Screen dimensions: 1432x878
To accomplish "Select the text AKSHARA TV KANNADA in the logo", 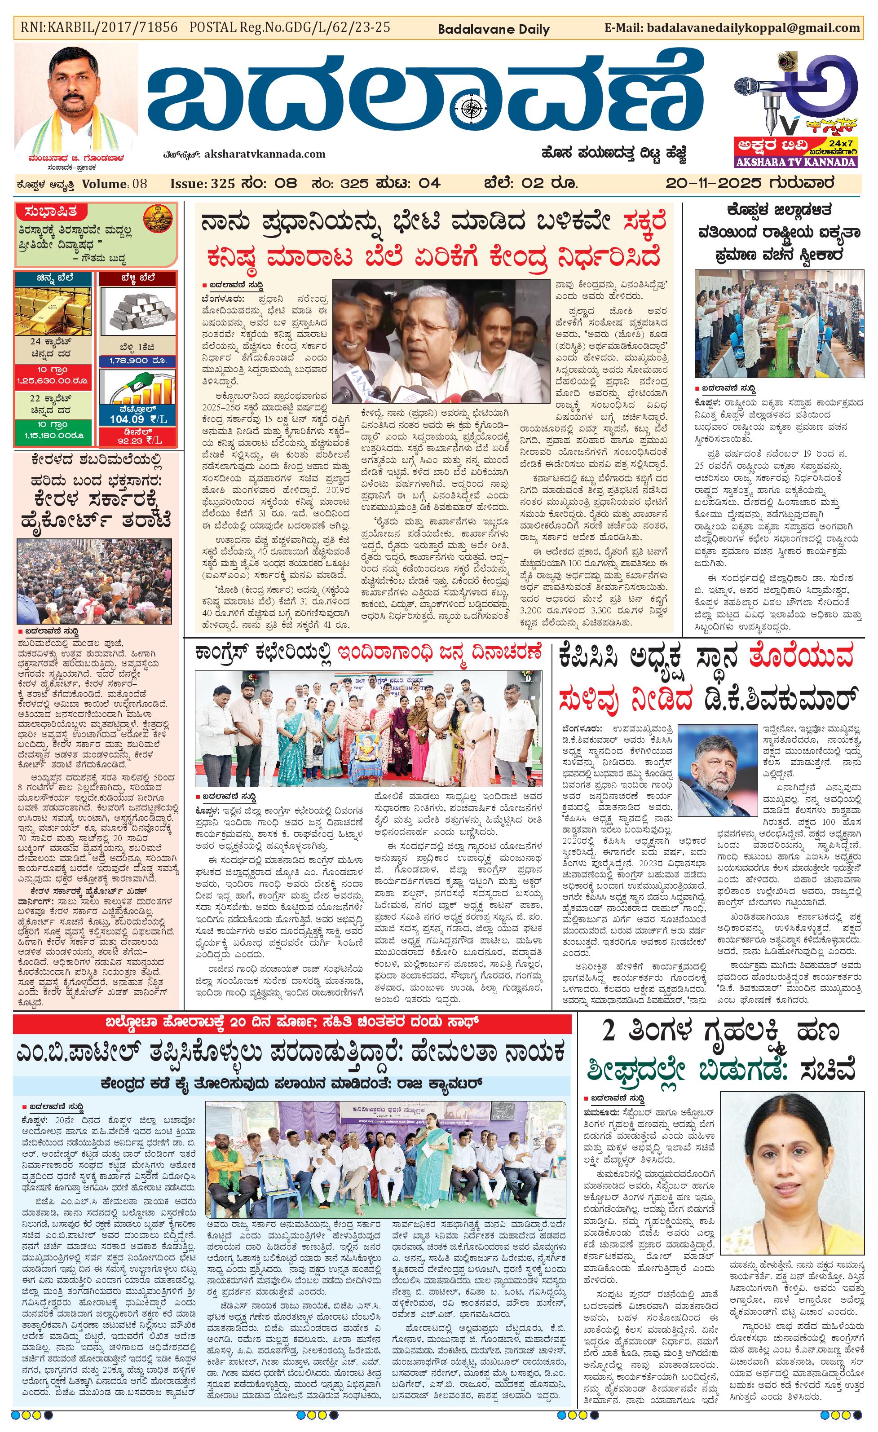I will click(795, 162).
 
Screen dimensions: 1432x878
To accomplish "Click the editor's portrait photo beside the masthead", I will click(76, 99).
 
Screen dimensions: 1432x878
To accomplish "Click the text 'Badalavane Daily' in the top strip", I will click(493, 29).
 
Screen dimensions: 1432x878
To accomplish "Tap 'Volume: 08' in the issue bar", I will click(115, 184).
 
